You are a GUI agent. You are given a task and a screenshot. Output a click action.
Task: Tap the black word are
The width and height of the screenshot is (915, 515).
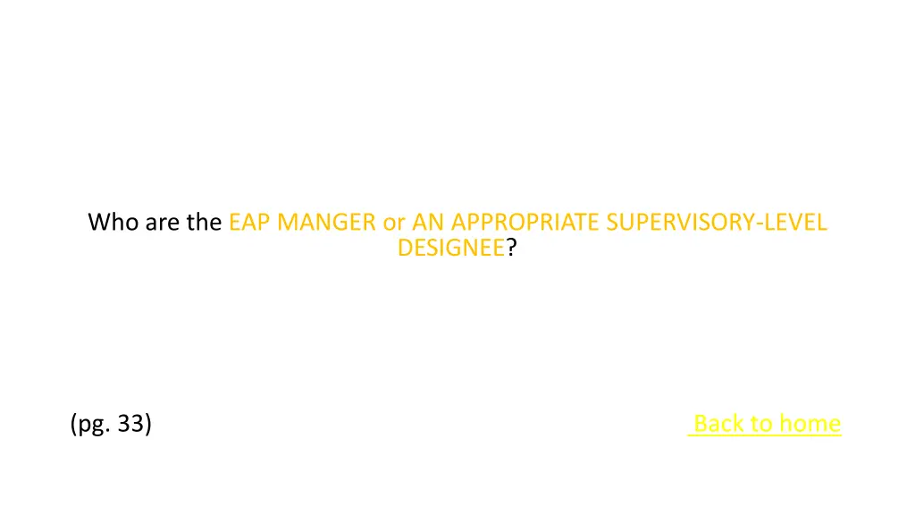(163, 222)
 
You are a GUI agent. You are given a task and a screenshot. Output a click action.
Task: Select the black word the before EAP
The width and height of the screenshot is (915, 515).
(206, 222)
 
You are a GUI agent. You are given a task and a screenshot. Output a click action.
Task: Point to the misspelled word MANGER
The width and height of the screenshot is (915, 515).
(326, 222)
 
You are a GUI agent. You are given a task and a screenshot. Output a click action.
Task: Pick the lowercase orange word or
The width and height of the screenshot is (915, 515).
(394, 222)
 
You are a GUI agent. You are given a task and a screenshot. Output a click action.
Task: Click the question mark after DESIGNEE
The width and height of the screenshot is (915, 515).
(511, 249)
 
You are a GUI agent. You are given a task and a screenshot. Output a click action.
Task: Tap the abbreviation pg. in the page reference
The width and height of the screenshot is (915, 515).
(94, 424)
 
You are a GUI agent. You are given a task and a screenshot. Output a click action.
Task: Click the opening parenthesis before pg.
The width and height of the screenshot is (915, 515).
(73, 423)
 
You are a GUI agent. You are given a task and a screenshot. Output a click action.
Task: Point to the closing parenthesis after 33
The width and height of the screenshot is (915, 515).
(147, 423)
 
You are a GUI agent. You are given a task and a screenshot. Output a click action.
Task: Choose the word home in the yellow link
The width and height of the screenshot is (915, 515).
(810, 423)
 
